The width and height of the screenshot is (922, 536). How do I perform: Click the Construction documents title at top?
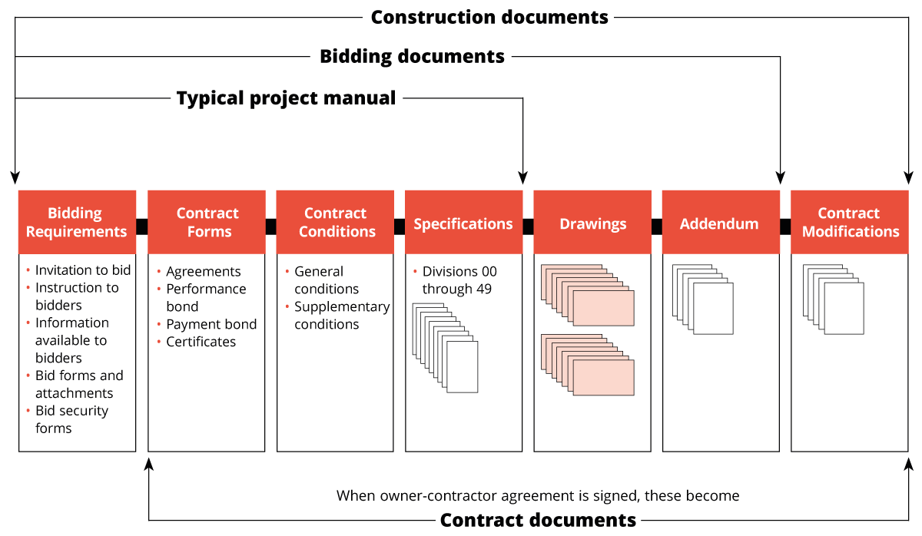tap(489, 17)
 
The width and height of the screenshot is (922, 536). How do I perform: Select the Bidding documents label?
tap(412, 56)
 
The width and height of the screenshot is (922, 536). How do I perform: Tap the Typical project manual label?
tap(286, 98)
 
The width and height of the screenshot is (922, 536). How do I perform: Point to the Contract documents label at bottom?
tap(538, 520)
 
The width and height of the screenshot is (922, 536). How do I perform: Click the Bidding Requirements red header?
tap(77, 222)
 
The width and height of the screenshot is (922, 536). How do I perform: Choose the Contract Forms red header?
tap(207, 222)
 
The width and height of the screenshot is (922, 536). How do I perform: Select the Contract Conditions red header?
tap(335, 222)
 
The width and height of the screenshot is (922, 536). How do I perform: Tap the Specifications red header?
tap(463, 223)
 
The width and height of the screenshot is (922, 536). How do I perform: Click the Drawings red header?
tap(592, 223)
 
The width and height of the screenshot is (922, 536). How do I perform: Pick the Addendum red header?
tap(720, 223)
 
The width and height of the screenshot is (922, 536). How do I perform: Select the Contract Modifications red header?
tap(850, 222)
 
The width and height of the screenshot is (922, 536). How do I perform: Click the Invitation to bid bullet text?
tap(83, 270)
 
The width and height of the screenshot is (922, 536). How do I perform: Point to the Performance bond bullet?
tap(206, 297)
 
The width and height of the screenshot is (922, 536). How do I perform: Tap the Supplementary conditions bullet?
tap(342, 315)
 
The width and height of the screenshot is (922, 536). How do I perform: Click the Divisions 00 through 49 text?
tap(459, 280)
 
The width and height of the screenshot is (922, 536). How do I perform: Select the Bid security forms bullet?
tap(71, 419)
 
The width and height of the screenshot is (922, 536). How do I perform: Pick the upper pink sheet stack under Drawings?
tap(588, 296)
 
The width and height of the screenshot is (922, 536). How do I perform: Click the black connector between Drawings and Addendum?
tap(656, 227)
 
